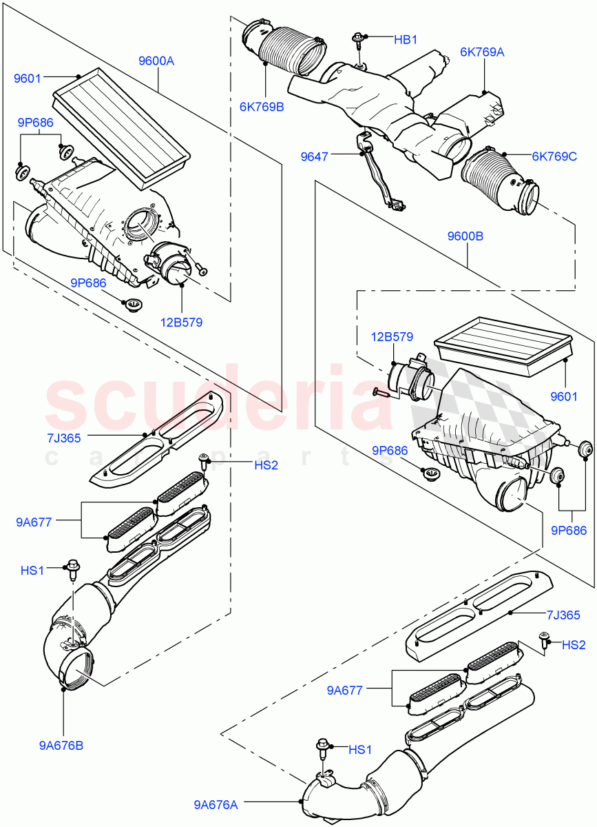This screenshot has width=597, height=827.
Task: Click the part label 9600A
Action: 156,61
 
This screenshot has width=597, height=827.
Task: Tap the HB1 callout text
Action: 406,40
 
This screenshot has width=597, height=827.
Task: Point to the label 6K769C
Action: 554,156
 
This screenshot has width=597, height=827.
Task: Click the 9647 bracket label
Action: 314,157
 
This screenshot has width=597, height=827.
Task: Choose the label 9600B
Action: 465,236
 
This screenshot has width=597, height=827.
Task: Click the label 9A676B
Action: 62,745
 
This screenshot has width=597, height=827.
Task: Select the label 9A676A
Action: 216,804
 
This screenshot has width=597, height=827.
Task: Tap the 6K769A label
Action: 482,51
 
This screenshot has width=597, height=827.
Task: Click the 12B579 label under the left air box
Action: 182,321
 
